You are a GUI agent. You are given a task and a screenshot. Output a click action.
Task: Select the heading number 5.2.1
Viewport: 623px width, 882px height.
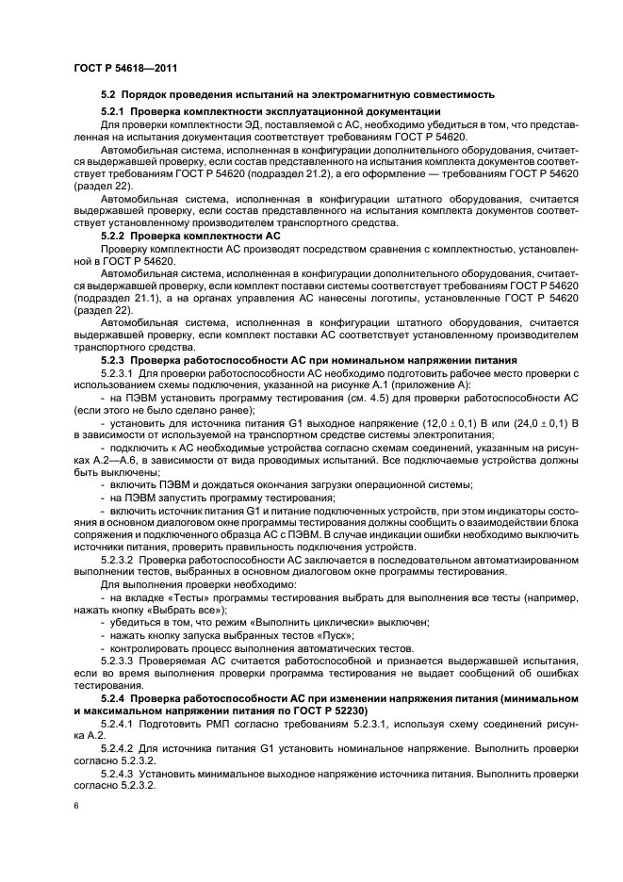click(x=115, y=111)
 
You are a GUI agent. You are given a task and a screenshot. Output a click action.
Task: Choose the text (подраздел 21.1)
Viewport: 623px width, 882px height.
click(x=117, y=296)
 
